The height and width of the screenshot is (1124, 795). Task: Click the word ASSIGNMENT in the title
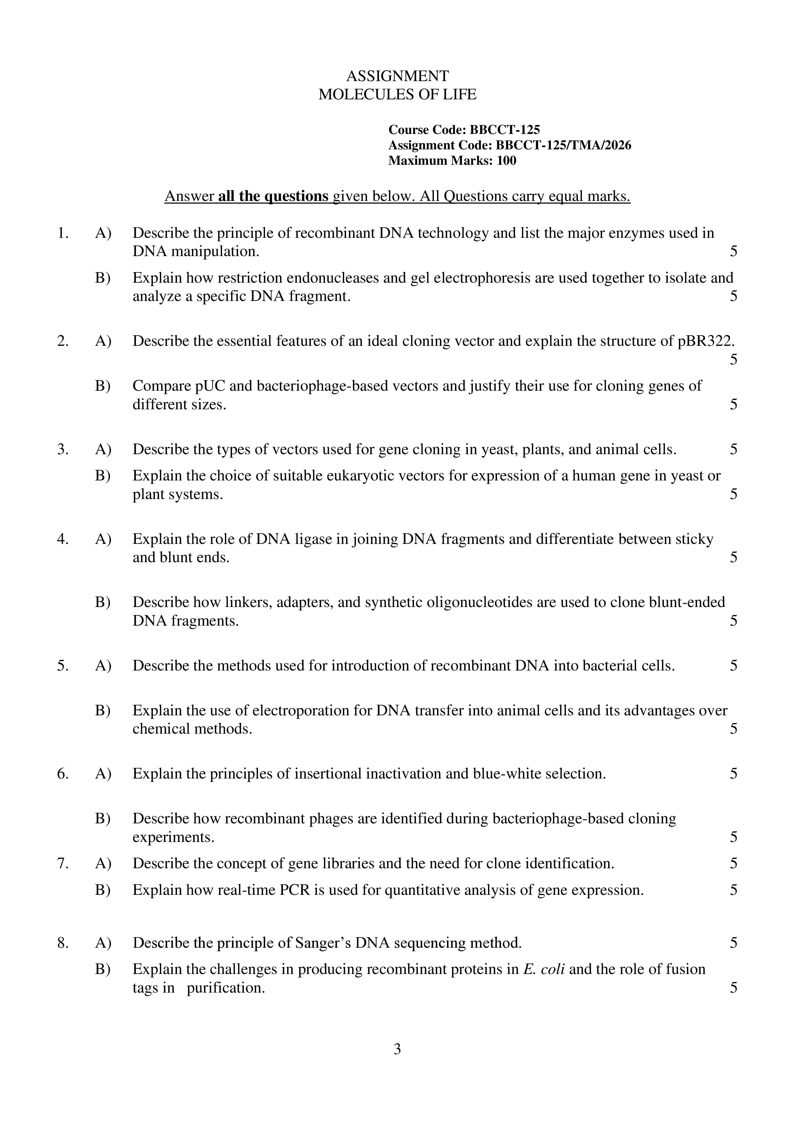tap(397, 76)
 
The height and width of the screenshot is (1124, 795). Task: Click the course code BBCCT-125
tap(505, 130)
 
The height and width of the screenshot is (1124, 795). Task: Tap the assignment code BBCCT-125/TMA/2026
tap(563, 146)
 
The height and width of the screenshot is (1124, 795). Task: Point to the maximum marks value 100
tap(506, 161)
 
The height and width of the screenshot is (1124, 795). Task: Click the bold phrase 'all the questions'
tap(273, 196)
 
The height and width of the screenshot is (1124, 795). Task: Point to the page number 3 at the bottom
tap(397, 1049)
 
